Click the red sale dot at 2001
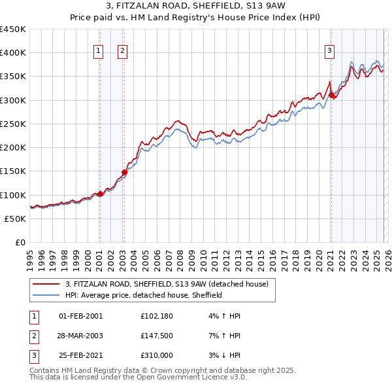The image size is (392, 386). coord(100,194)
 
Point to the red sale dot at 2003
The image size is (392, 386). coord(124,172)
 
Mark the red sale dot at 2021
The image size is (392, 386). coord(331,96)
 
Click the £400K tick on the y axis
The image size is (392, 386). coord(13,53)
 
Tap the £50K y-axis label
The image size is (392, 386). coord(16,219)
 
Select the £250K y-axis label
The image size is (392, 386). coord(13,124)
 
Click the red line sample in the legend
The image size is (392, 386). coord(46,284)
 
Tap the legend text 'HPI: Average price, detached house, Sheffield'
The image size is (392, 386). coord(144,295)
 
